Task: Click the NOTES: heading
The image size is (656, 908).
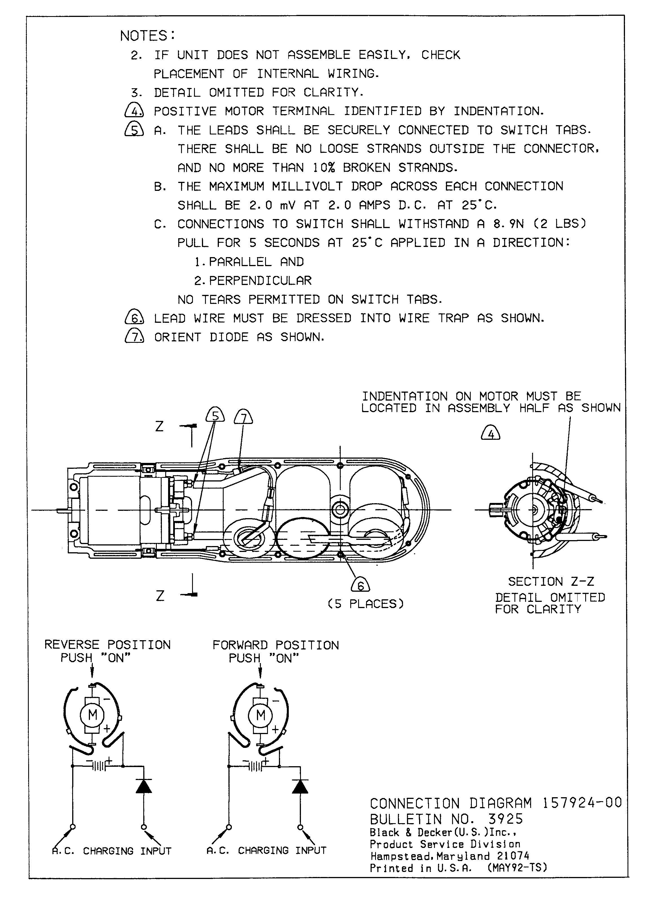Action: coord(148,36)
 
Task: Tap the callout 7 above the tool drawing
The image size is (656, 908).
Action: coord(243,417)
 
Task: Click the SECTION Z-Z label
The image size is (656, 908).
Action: coord(551,581)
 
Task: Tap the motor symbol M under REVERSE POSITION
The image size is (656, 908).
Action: coord(93,715)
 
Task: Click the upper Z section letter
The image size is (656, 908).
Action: coord(159,427)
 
